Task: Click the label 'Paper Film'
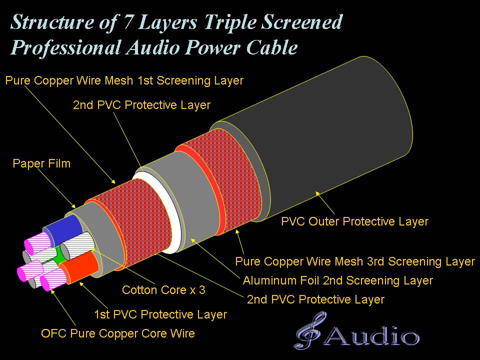coord(41,164)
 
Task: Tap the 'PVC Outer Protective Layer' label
coord(355,221)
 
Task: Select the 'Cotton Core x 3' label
coord(163,290)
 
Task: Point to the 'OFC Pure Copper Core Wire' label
coord(118,333)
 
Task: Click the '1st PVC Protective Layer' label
coord(160,314)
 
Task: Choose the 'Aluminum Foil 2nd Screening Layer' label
coord(338,280)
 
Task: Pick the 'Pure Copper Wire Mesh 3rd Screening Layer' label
coord(355,261)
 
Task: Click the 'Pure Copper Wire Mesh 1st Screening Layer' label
coord(124,80)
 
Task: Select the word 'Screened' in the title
coord(302,22)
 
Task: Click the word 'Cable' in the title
coord(272,47)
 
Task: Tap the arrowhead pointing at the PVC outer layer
coord(318,194)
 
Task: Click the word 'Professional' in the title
coord(66,48)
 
